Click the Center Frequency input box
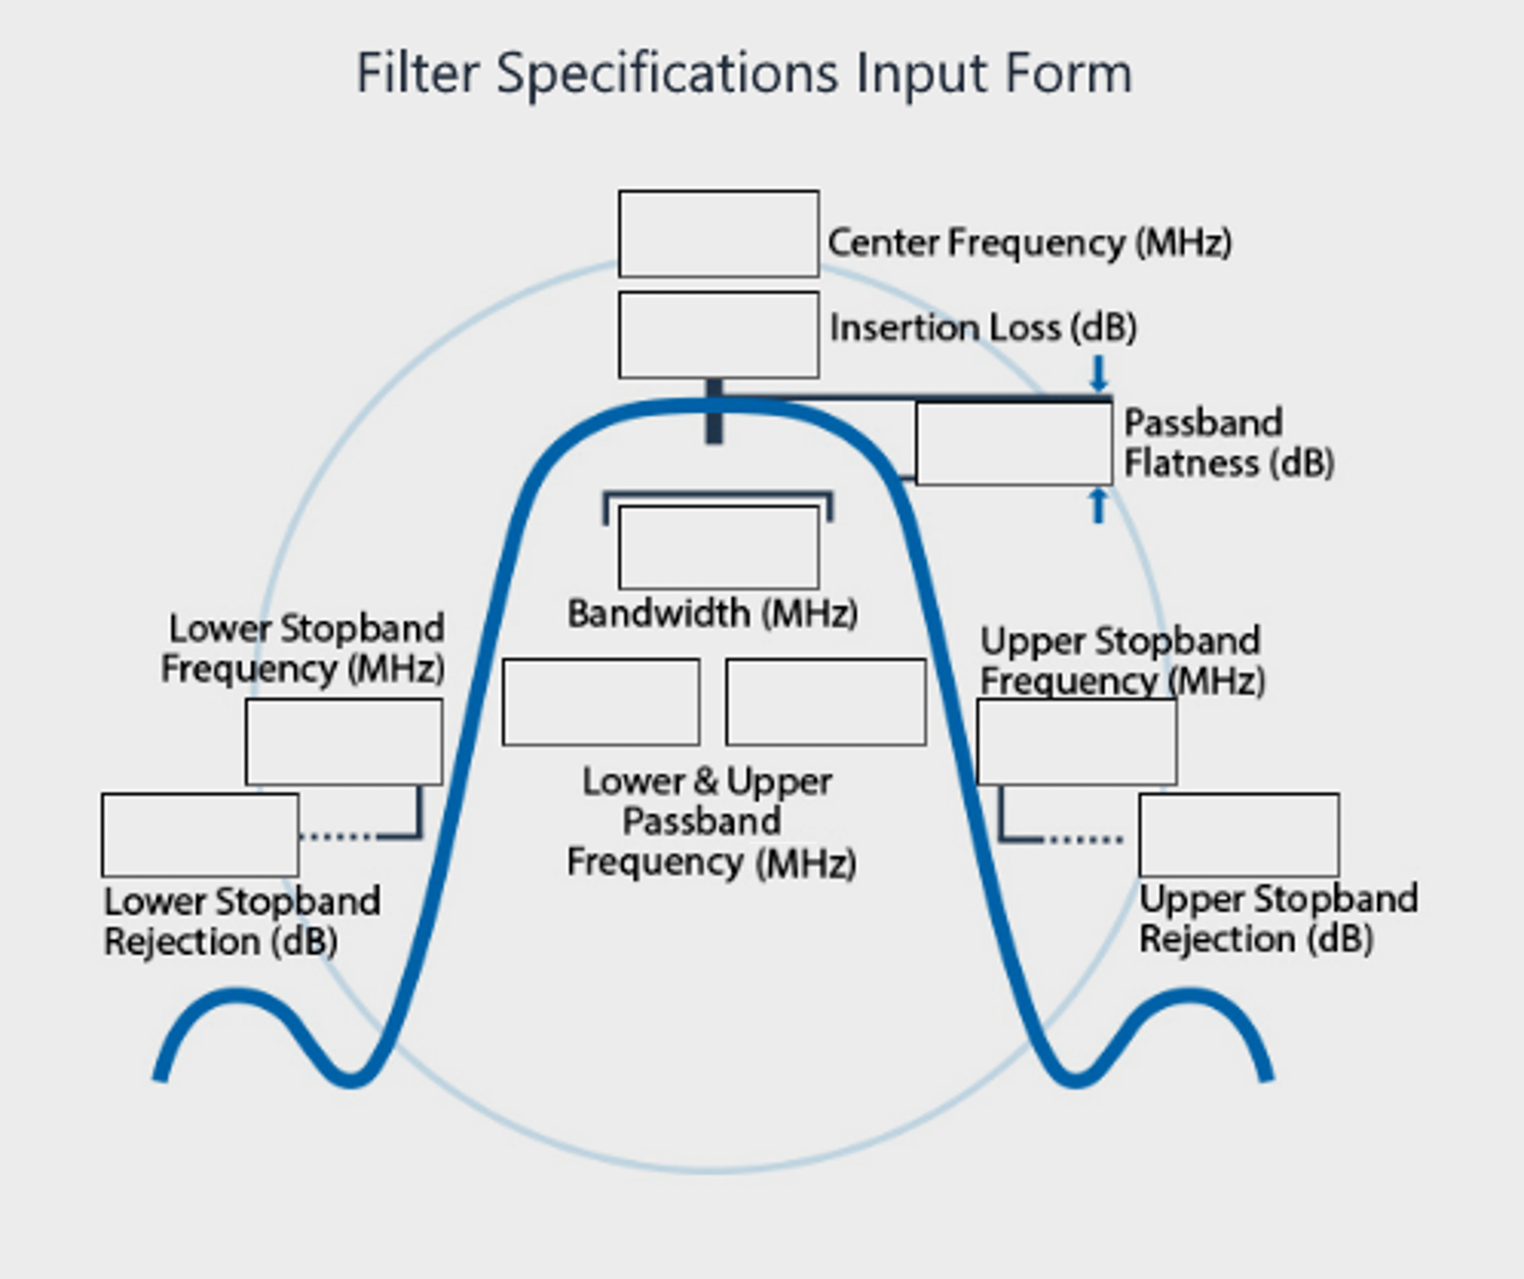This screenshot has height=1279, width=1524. tap(718, 233)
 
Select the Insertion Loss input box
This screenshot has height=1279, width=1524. tap(718, 335)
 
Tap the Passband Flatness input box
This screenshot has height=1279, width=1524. tap(1013, 443)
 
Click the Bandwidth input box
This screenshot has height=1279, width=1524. tap(718, 547)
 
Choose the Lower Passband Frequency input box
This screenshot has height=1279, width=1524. tap(601, 702)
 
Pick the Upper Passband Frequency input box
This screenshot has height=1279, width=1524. tap(826, 702)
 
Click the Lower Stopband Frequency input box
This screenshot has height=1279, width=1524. tap(343, 741)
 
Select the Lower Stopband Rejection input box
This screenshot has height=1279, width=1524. tap(200, 835)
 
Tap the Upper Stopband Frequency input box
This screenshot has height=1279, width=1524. tap(1076, 741)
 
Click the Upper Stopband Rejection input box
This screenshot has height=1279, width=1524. tap(1238, 835)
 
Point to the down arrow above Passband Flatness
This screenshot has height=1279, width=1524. tap(1099, 373)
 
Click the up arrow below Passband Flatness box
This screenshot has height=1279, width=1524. tap(1099, 506)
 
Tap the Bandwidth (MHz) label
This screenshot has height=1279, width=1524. tap(713, 613)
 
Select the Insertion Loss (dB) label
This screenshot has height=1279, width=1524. tap(983, 328)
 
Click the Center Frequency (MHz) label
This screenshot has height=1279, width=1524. tap(1029, 242)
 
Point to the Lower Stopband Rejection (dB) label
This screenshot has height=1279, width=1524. tap(241, 921)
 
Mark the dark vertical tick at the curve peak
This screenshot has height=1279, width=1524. tap(714, 411)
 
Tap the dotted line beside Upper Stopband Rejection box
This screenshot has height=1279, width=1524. tap(1085, 838)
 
